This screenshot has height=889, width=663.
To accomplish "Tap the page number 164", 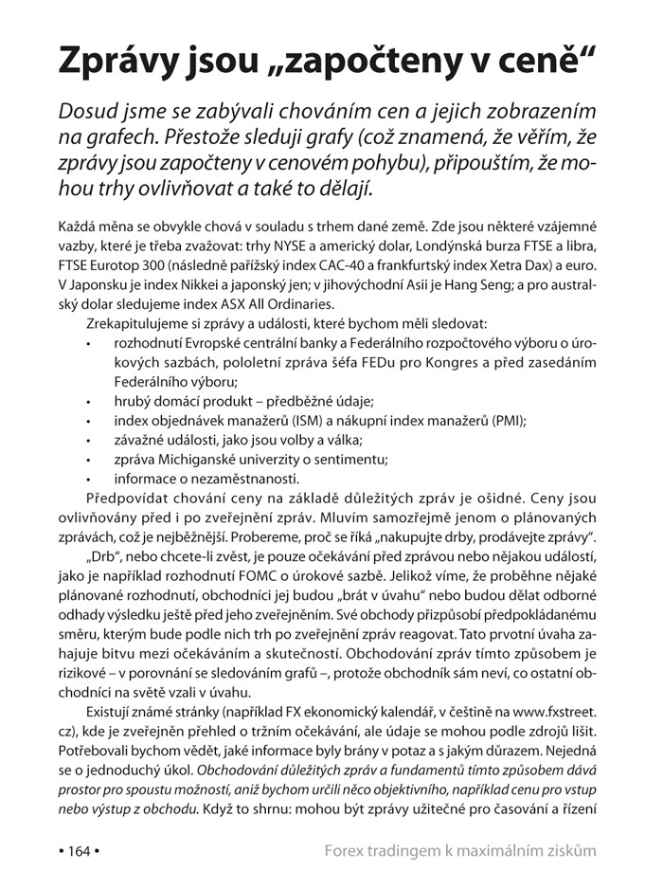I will click(78, 850).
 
